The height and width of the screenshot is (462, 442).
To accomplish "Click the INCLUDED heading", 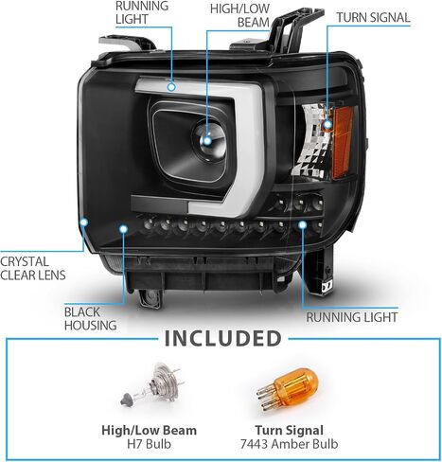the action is point(222,338).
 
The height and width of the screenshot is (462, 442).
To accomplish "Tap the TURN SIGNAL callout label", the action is point(373,18).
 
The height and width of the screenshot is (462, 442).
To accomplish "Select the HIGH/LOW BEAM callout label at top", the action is point(239,15).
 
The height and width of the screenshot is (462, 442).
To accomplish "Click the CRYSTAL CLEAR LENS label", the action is point(33,268).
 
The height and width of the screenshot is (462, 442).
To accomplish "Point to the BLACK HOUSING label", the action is point(90,319).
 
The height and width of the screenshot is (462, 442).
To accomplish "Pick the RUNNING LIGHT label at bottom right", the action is point(352,317).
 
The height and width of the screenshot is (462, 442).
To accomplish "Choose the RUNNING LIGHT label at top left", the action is point(142,12).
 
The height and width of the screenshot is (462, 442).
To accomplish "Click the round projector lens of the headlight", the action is point(208,141).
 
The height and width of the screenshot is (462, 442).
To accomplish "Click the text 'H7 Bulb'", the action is point(149,444).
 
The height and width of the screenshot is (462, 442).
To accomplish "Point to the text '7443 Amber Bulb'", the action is point(289,444).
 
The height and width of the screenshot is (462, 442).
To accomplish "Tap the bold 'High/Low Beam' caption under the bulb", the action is point(149,430).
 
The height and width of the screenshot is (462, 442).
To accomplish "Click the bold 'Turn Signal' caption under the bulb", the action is point(289,430).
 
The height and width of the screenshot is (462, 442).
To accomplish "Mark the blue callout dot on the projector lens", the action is point(207,141).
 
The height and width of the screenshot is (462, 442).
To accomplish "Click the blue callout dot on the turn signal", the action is point(327,124).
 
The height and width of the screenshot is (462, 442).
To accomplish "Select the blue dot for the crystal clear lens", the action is point(83,222).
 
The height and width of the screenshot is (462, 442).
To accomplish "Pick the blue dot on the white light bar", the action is point(171,86).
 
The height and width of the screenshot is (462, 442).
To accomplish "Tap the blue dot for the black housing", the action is point(123,229).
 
